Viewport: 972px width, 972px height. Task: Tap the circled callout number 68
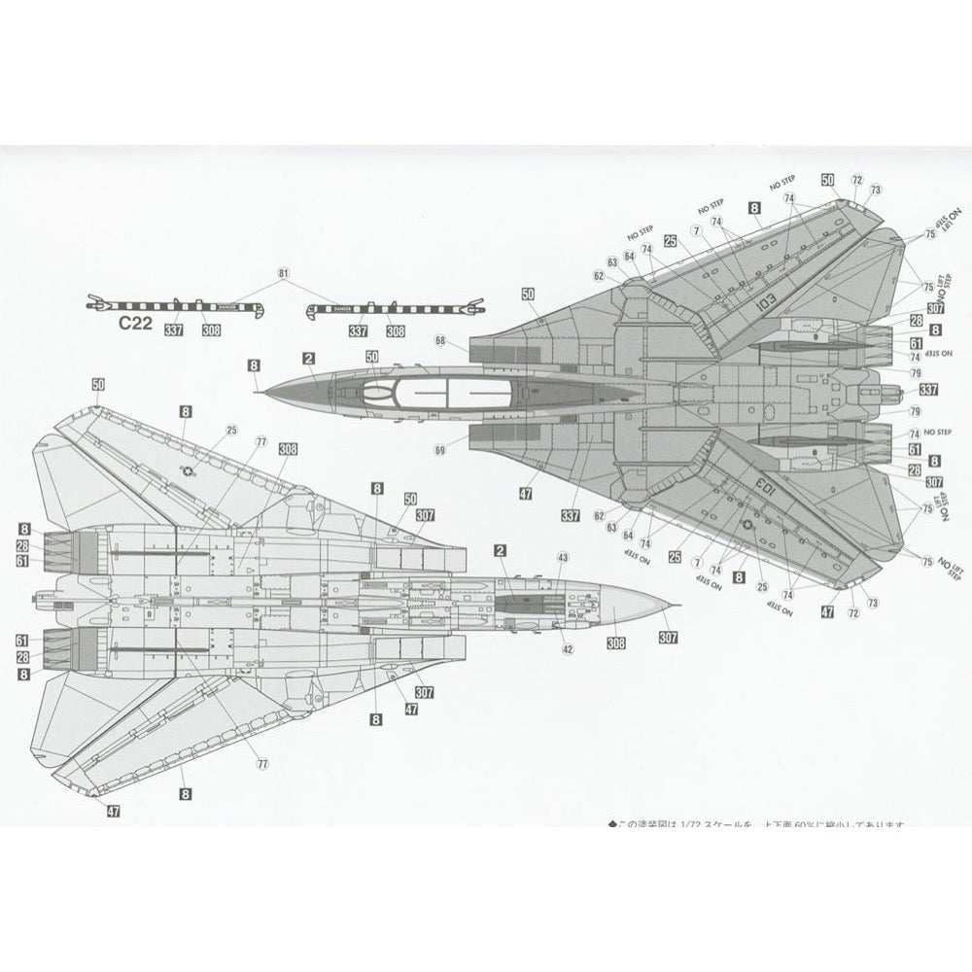click(440, 340)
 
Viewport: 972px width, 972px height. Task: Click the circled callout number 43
click(562, 557)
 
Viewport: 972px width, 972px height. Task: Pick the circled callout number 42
click(568, 649)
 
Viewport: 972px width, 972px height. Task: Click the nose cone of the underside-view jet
click(642, 605)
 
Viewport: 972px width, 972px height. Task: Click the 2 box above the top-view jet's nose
click(308, 359)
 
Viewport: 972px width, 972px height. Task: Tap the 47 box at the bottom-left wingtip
click(113, 812)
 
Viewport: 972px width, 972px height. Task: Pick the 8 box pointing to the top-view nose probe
click(254, 364)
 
